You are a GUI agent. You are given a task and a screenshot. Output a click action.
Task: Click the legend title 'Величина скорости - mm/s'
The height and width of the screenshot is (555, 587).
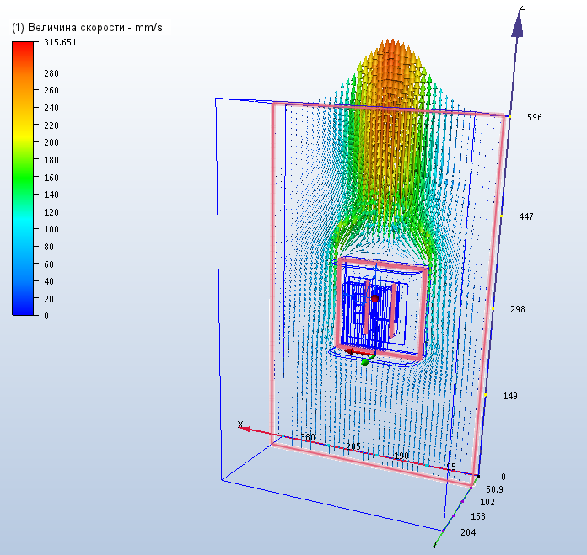tap(95, 28)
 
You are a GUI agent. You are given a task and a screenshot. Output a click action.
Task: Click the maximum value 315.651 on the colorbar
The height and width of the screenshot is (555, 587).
tap(60, 42)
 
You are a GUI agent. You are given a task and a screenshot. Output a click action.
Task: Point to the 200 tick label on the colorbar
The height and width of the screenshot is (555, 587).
tap(51, 142)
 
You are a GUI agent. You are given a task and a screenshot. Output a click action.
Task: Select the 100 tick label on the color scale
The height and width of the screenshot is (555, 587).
tap(51, 229)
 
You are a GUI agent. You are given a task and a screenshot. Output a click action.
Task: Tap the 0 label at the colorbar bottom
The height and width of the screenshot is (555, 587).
tap(46, 316)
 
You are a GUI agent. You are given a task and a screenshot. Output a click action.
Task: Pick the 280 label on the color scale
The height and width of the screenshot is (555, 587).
tap(51, 73)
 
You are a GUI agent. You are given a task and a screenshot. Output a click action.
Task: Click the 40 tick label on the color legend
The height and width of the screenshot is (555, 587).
tap(49, 281)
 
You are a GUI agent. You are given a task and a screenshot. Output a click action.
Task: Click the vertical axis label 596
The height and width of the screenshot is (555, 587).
tap(534, 117)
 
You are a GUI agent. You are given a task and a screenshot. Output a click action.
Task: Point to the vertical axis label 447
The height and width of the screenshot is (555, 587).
tap(526, 216)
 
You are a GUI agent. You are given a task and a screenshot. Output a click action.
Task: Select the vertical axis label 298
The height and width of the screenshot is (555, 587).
tap(518, 309)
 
